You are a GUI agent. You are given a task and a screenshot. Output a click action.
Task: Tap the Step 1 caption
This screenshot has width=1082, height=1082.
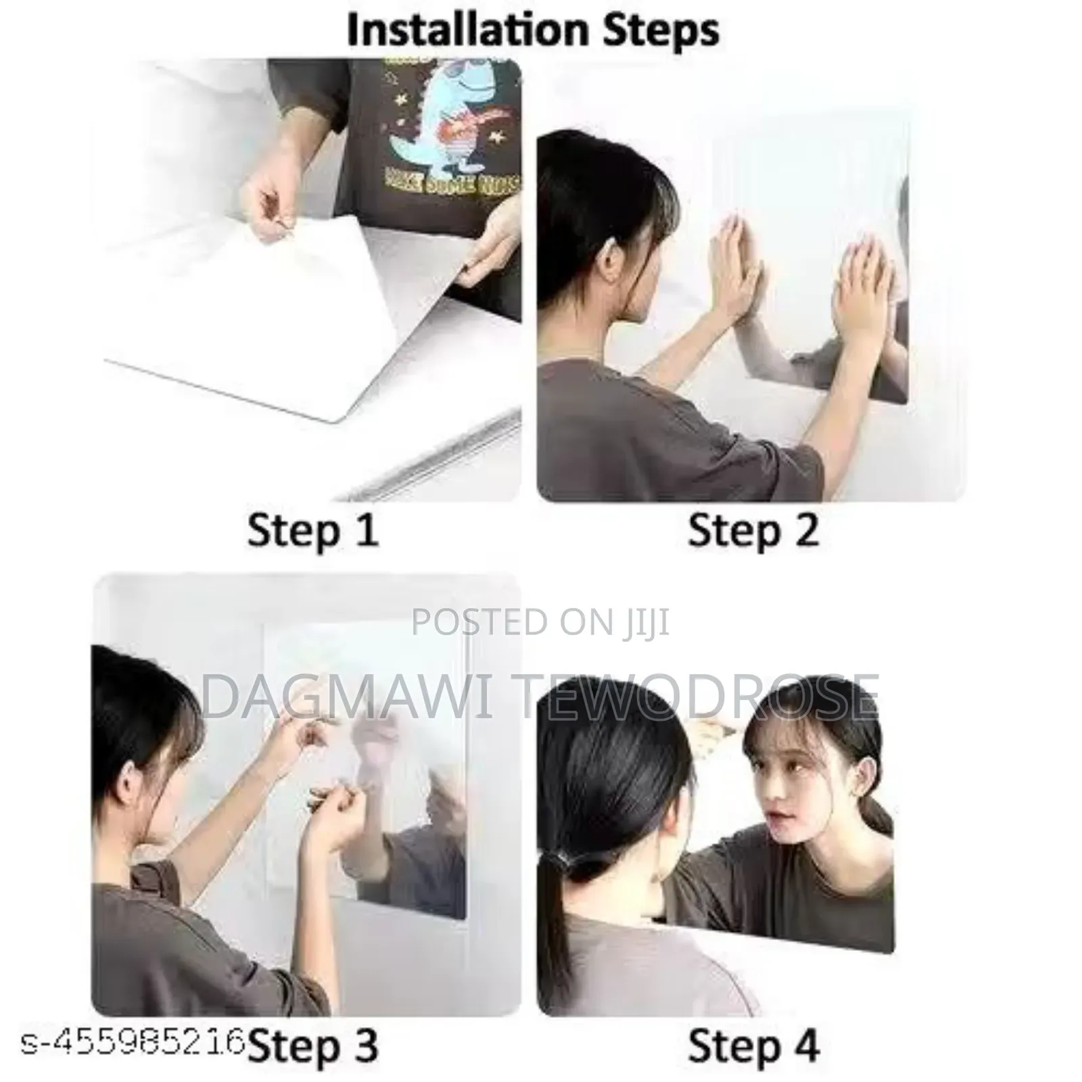[x=312, y=530]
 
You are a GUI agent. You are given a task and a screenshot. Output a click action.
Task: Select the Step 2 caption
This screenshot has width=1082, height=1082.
[x=753, y=530]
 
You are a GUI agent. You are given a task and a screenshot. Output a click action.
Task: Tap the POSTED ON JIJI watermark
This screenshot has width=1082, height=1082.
[x=540, y=621]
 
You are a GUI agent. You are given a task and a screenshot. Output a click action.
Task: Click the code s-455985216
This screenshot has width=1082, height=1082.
[x=132, y=1043]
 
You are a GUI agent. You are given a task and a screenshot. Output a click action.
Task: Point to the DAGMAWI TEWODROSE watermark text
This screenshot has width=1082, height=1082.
[x=540, y=697]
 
